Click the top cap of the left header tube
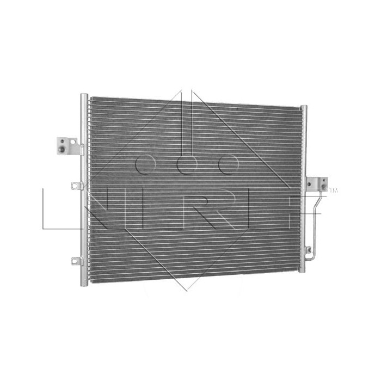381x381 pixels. point(84,96)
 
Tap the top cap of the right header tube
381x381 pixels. point(303,107)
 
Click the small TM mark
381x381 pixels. point(334,191)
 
